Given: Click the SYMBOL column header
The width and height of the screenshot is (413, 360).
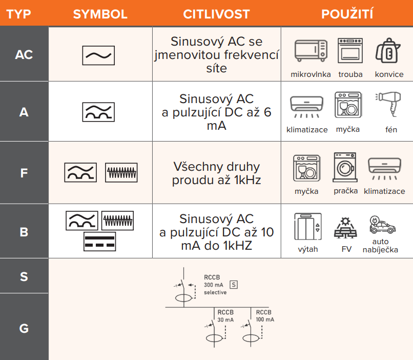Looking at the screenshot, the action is [x=100, y=14].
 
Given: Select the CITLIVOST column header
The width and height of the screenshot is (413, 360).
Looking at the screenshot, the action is [x=216, y=14].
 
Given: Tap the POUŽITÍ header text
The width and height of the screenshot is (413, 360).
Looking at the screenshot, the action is [x=347, y=14].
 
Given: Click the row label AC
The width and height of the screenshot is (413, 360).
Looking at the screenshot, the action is [x=24, y=55].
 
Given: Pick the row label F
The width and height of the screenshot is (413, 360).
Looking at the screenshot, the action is [x=24, y=173].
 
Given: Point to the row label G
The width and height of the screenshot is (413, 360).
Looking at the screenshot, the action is [x=24, y=329].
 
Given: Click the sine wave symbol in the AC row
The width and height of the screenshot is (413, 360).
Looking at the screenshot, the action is [x=98, y=55].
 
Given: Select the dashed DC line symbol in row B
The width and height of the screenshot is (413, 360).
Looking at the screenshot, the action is [x=99, y=242].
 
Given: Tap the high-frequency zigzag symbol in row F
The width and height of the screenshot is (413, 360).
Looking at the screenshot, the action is [x=121, y=173].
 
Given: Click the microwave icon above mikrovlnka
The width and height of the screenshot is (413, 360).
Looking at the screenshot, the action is [x=311, y=51].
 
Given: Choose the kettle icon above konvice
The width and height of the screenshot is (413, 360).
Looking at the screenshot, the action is [x=388, y=51].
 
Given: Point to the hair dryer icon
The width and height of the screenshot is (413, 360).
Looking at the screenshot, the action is [x=388, y=104].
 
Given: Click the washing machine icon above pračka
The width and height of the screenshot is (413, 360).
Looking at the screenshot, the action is [x=345, y=167].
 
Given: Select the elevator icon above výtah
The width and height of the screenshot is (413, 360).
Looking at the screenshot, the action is [x=308, y=226].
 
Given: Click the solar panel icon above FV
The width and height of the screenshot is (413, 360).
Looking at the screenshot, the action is [x=345, y=228].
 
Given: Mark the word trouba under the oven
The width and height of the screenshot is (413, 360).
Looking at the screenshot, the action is [x=350, y=74].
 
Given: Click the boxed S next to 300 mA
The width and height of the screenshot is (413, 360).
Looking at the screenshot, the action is [x=234, y=285].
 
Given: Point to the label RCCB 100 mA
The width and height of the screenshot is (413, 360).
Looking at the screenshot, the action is [x=265, y=316].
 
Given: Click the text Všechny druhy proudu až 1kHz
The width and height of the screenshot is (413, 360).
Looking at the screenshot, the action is [x=217, y=173].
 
